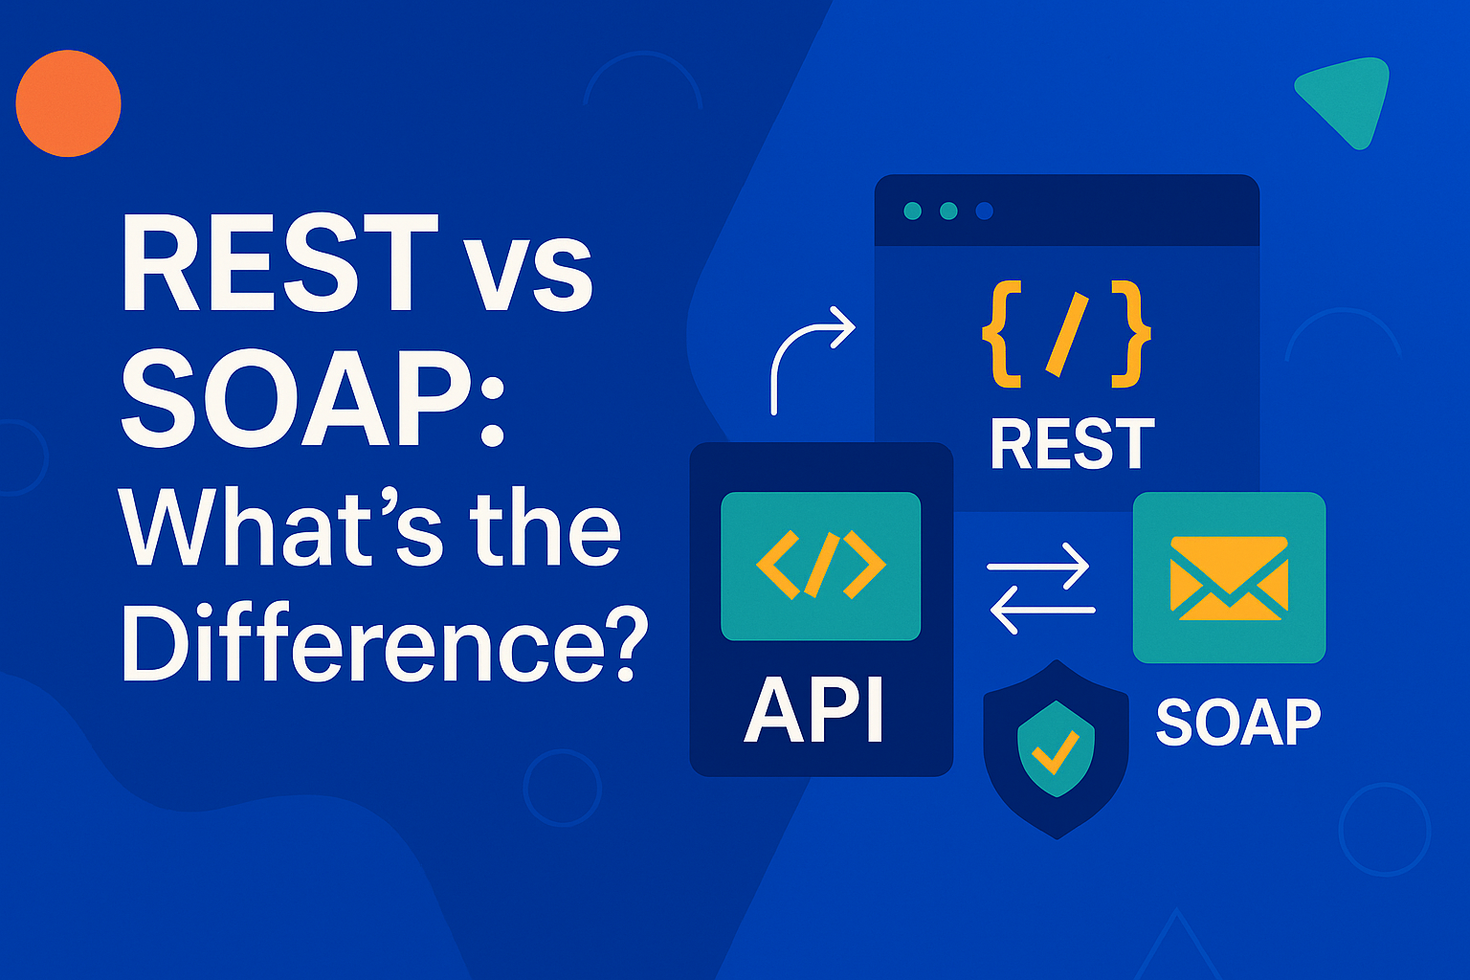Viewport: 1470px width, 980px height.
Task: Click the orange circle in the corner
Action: coord(68,103)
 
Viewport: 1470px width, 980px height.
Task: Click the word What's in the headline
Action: coord(280,527)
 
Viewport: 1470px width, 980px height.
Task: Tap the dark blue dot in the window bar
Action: coord(984,211)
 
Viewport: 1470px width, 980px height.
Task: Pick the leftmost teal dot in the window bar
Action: coord(912,211)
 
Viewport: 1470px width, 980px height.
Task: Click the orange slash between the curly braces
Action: coord(1066,335)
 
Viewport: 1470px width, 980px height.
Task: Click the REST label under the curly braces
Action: coord(1072,444)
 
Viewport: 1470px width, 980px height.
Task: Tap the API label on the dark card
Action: coord(813,710)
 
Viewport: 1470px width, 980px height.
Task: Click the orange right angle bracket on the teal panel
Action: coord(864,566)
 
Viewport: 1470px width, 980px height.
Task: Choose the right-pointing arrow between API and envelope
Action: coord(1037,566)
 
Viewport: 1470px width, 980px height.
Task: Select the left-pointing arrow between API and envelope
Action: coord(1042,611)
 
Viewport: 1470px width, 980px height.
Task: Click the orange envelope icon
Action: coord(1229,578)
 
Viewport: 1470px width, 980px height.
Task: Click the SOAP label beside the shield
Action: coord(1238,722)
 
